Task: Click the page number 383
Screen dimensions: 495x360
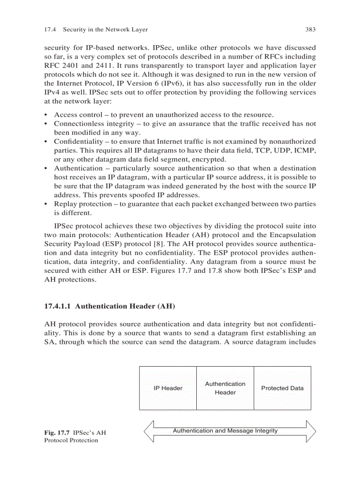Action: click(x=310, y=30)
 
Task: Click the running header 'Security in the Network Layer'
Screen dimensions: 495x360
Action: click(x=105, y=30)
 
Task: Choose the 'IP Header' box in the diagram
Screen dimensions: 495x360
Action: click(x=168, y=388)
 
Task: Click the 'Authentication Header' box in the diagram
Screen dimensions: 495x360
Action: click(x=225, y=388)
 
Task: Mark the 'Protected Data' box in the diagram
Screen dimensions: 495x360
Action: click(x=282, y=388)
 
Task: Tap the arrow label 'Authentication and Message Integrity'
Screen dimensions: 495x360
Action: click(x=225, y=431)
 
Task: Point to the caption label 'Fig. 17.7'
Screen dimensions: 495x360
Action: click(x=57, y=432)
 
